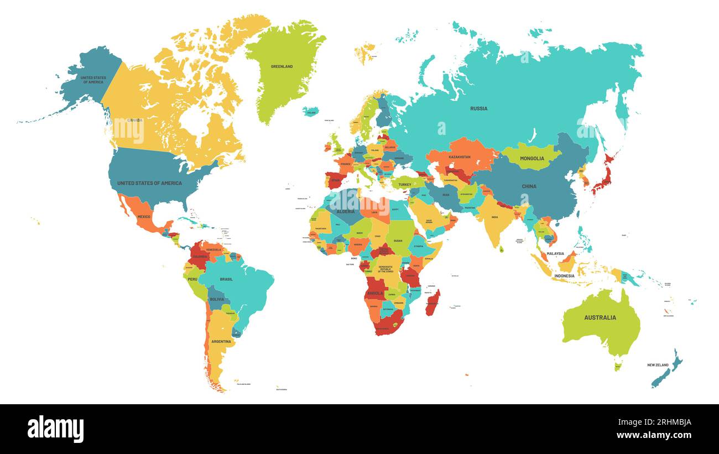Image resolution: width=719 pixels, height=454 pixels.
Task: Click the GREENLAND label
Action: point(282,66)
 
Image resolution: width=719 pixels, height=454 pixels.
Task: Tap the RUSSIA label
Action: point(478,108)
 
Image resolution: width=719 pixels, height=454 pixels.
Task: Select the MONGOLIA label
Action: point(532,158)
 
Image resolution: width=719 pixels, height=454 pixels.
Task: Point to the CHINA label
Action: point(529,186)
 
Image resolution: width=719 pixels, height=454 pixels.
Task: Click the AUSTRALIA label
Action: point(600,317)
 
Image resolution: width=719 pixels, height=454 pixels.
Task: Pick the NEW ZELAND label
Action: point(658,365)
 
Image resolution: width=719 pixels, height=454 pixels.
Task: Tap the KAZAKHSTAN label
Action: point(460,157)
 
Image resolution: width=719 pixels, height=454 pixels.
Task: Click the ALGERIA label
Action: point(346,212)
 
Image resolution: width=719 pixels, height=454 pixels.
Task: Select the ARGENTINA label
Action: point(221,342)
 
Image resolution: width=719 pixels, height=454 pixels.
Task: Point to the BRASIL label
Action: point(226,279)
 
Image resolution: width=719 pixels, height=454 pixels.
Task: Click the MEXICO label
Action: point(144,217)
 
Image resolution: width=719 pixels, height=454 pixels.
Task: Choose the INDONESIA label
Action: point(564,275)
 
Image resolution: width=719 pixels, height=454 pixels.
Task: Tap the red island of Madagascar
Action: point(433,302)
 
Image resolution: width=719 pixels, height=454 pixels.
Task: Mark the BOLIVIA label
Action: point(217,299)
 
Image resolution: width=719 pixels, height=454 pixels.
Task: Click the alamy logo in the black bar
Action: point(55,429)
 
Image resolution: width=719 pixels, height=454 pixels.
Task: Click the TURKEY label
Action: point(405,185)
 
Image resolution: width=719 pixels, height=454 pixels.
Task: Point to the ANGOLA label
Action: point(376,293)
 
